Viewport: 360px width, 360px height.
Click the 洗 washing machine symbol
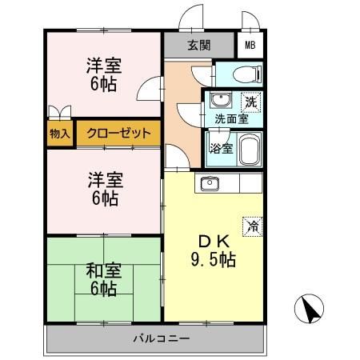(250, 102)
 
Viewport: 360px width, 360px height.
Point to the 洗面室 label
(230, 120)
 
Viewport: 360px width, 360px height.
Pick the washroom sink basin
(218, 102)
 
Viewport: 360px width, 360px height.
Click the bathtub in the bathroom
(248, 149)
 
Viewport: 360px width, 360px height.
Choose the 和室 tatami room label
(104, 270)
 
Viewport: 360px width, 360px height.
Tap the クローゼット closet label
(118, 133)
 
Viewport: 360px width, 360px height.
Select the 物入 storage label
(60, 133)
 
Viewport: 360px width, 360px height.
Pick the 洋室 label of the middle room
(104, 182)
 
